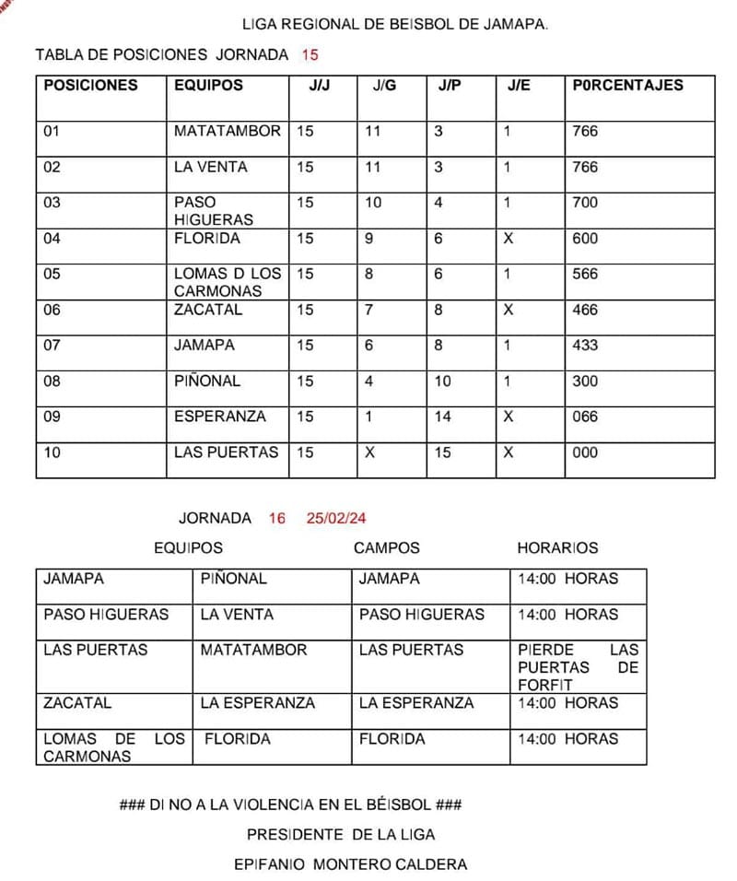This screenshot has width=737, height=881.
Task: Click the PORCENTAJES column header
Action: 627,85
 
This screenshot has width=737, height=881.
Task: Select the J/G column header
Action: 384,85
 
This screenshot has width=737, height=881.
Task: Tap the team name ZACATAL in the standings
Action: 208,310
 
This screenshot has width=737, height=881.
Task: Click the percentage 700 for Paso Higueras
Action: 585,203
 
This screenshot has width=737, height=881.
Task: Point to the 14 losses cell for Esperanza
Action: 443,417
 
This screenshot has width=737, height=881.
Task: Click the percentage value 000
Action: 585,452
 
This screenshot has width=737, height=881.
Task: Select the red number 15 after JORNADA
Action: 310,54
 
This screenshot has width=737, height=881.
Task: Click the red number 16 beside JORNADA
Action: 277,519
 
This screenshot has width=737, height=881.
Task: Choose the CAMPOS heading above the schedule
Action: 386,547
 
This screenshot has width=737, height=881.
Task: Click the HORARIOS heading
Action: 557,547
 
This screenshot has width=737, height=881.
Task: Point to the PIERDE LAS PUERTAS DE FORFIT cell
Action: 578,667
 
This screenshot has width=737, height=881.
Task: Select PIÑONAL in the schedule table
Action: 233,579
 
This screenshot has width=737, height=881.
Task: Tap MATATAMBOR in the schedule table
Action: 253,650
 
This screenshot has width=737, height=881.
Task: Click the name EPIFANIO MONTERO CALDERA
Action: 351,864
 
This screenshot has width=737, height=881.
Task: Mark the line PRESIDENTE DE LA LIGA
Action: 341,835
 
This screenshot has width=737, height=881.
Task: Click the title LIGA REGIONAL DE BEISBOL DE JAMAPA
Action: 394,24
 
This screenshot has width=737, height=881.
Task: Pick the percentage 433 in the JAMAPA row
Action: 585,346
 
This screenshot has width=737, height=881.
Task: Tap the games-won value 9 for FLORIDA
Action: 368,239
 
